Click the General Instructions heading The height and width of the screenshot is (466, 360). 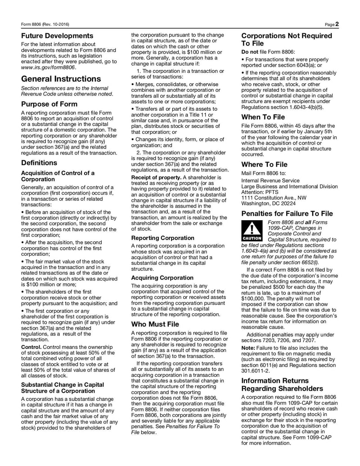pos(61,79)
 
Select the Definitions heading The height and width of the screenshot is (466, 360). pos(39,163)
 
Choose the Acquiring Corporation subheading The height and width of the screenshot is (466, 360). pos(162,278)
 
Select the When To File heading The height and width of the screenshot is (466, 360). pos(263,117)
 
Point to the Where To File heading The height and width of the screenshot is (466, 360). pos(264,164)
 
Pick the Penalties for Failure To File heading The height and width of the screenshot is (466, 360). pos(287,213)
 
